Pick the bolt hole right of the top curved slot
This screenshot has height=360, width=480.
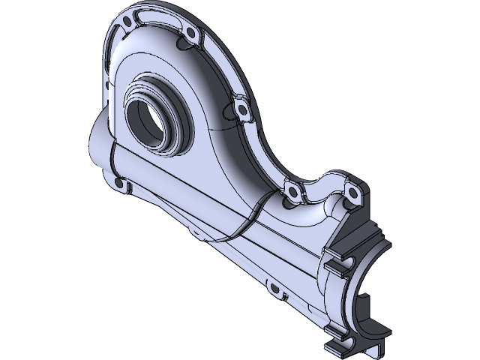click(x=190, y=34)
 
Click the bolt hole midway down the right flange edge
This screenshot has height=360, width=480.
click(x=243, y=110)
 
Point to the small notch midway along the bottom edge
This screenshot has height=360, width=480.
click(x=201, y=238)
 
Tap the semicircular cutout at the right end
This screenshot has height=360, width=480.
click(x=375, y=300)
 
